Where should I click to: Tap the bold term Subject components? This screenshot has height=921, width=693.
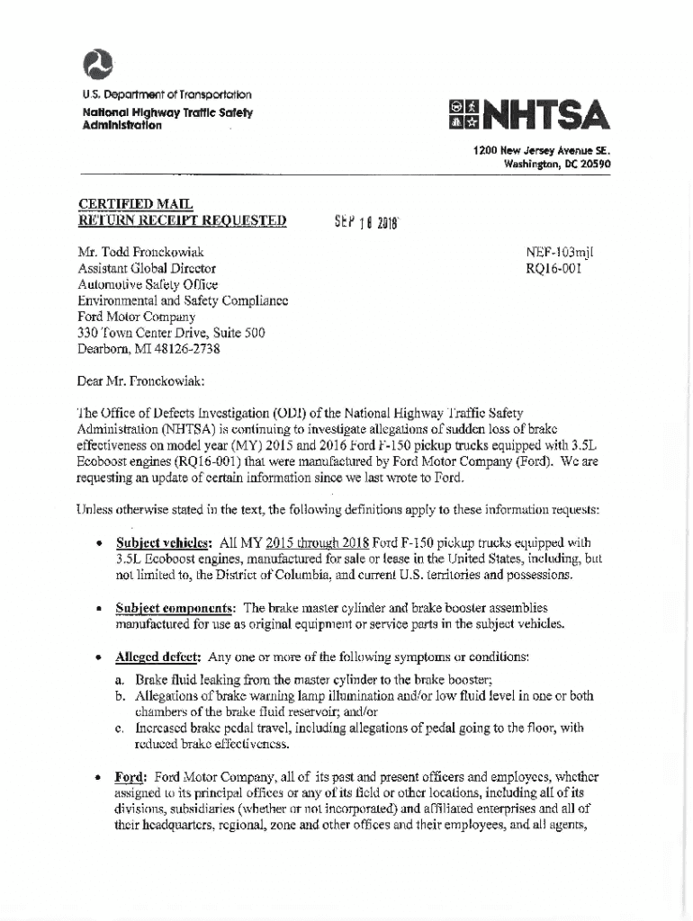(177, 608)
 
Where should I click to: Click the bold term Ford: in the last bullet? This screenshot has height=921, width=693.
(132, 776)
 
